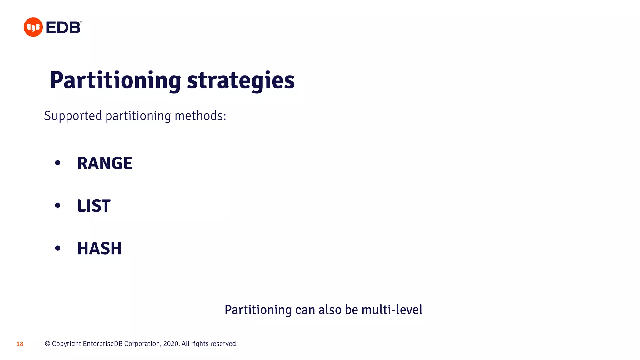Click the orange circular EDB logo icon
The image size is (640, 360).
[33, 27]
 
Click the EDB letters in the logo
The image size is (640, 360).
[63, 27]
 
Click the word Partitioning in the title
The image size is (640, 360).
[115, 80]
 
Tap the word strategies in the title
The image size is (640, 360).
[241, 80]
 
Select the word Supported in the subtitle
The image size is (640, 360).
[73, 116]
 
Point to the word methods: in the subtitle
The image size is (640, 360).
[200, 116]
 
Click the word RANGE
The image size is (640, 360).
[105, 163]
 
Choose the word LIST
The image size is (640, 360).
[94, 206]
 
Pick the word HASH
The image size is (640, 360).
[99, 248]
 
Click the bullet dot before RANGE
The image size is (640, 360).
[57, 163]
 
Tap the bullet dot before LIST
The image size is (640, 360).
[57, 206]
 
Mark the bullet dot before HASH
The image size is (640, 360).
[57, 248]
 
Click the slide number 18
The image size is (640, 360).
[20, 344]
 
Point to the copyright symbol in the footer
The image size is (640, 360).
[47, 344]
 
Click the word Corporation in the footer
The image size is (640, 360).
[142, 344]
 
